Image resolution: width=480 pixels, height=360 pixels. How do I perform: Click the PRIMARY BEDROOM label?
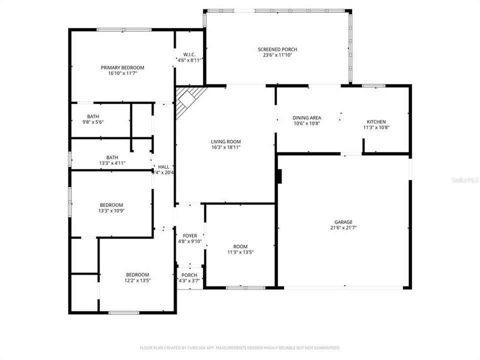tap(122, 67)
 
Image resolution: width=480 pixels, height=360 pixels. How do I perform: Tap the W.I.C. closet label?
tap(189, 54)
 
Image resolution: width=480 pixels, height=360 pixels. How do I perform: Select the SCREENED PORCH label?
tap(277, 49)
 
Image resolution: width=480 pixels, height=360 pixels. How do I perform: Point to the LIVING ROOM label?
tap(226, 141)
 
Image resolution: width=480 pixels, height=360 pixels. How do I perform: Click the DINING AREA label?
tap(306, 118)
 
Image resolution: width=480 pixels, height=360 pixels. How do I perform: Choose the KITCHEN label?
tap(376, 121)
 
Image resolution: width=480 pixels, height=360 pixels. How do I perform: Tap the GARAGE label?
tap(343, 221)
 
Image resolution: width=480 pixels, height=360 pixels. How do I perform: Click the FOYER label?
tap(190, 235)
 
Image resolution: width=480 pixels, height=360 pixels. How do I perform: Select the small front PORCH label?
tap(189, 275)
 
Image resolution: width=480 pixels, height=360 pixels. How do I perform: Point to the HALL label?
tap(164, 166)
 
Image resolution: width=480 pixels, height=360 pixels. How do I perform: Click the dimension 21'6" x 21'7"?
tap(343, 227)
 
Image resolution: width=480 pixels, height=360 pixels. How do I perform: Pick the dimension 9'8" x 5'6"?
tap(93, 122)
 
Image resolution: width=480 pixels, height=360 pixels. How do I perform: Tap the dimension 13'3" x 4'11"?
tap(112, 163)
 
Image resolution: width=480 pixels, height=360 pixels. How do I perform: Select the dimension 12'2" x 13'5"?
tap(137, 280)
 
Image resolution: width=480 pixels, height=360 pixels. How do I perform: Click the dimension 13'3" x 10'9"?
tap(111, 211)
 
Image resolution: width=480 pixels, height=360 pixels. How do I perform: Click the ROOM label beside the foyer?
tap(240, 246)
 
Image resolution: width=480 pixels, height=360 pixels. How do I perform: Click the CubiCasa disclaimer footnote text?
tap(240, 347)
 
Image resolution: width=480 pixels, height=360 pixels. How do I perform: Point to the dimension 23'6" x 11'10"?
tap(277, 55)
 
